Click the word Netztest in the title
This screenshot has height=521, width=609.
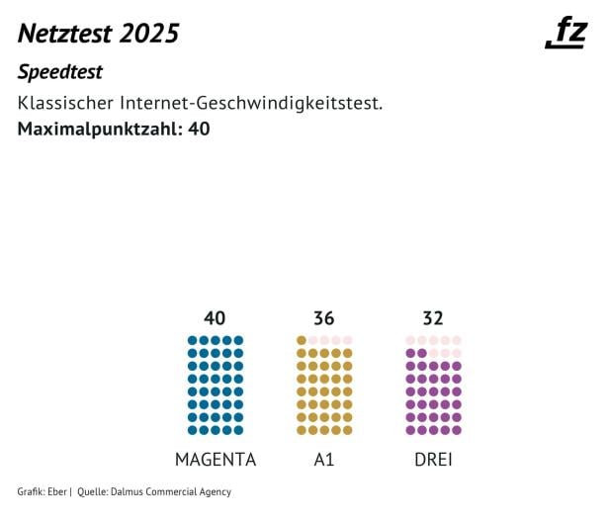(65, 34)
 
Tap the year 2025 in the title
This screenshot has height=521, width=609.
(149, 34)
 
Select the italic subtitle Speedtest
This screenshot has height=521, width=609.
(60, 73)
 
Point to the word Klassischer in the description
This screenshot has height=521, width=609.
(66, 104)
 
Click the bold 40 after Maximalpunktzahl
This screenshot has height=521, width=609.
(198, 129)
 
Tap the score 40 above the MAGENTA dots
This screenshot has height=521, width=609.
(215, 318)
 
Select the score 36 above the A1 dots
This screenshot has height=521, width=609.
(323, 318)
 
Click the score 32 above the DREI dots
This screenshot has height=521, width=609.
(433, 318)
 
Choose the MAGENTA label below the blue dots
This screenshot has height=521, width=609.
(215, 460)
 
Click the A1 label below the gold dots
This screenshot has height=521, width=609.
(323, 460)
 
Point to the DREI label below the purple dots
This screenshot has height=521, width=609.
(433, 460)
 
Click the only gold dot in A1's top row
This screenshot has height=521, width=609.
(302, 340)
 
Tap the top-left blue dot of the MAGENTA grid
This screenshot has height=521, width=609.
(192, 340)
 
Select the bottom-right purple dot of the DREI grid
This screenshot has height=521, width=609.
(456, 430)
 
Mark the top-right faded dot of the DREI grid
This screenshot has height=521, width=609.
(456, 340)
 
